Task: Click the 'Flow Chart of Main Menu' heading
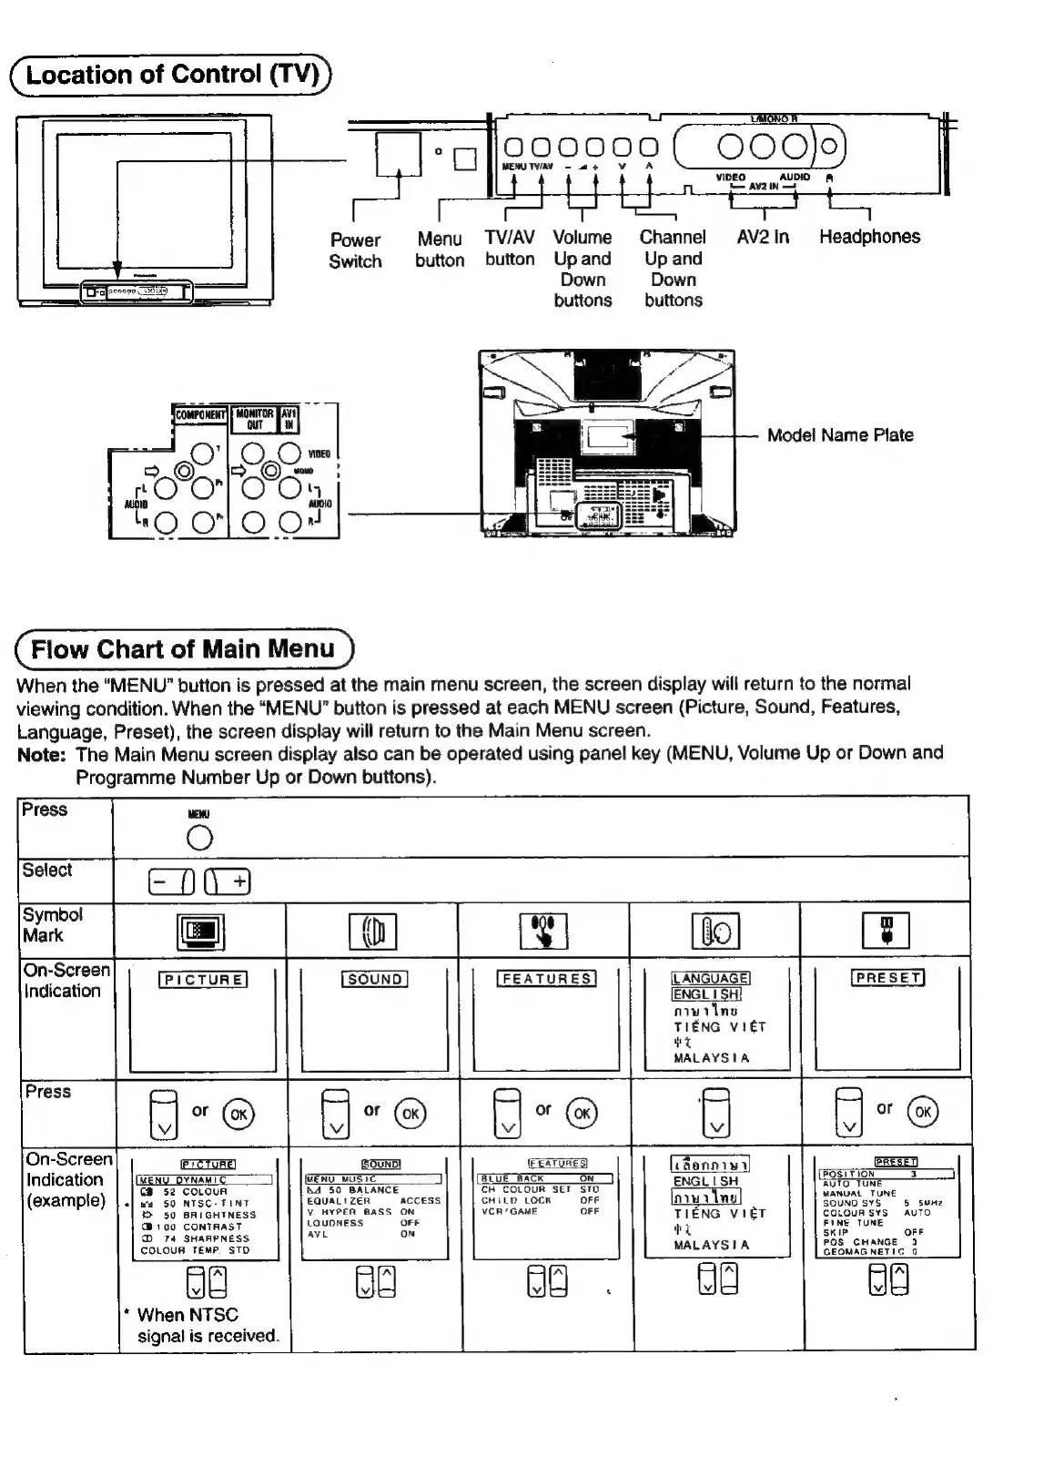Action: pyautogui.click(x=183, y=649)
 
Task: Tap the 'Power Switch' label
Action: pyautogui.click(x=355, y=250)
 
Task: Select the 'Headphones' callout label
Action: pyautogui.click(x=869, y=237)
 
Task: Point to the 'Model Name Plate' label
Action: pyautogui.click(x=840, y=435)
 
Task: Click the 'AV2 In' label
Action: pyautogui.click(x=763, y=237)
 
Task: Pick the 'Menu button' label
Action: pyautogui.click(x=440, y=250)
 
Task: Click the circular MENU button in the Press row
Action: pyautogui.click(x=198, y=838)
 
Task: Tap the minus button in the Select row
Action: pyautogui.click(x=171, y=881)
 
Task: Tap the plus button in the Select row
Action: pyautogui.click(x=228, y=881)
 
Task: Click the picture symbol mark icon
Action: pyautogui.click(x=200, y=931)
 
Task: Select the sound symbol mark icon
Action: pyautogui.click(x=372, y=932)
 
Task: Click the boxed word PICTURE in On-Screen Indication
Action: pyautogui.click(x=203, y=980)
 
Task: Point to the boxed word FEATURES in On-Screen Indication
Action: pyautogui.click(x=546, y=979)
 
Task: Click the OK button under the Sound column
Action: pyautogui.click(x=410, y=1113)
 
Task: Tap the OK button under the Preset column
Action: pyautogui.click(x=922, y=1112)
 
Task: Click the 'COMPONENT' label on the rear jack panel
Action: pyautogui.click(x=200, y=414)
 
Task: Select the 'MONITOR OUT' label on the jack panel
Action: pyautogui.click(x=254, y=419)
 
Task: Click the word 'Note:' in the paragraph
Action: pyautogui.click(x=42, y=755)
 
